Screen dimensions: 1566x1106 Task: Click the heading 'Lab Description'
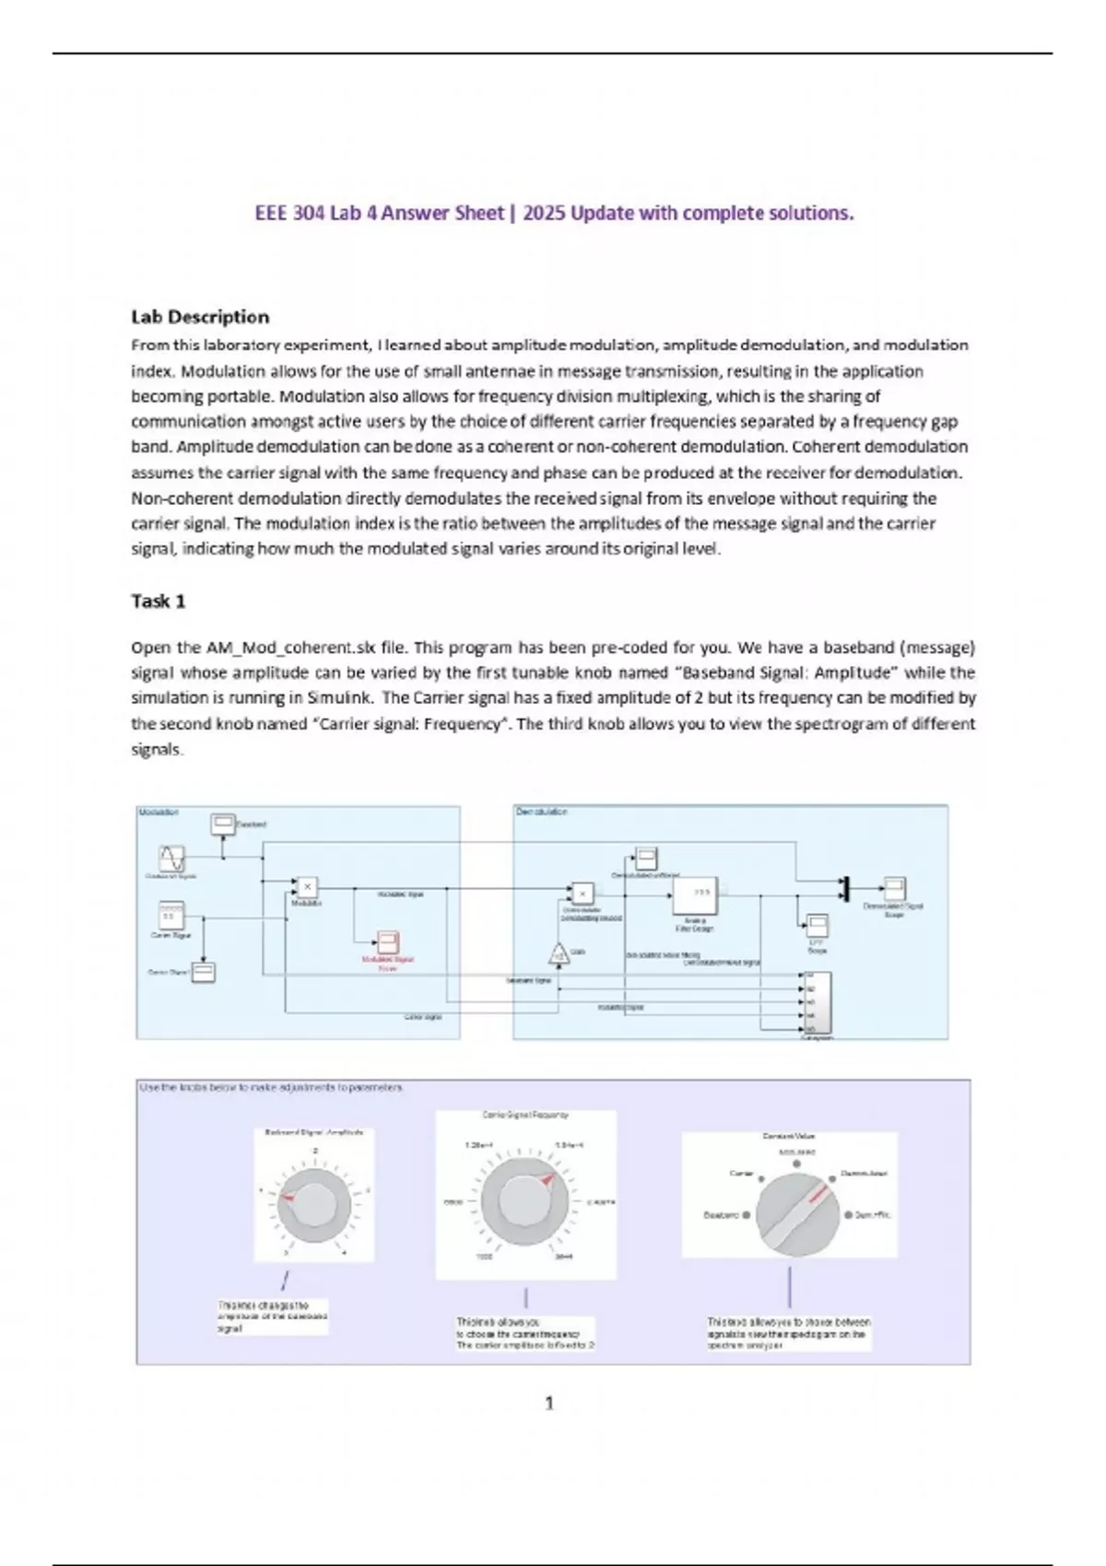200,317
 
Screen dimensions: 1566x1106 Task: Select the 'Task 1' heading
159,602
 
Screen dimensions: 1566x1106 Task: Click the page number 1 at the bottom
549,1403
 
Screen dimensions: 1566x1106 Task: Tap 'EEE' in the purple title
271,214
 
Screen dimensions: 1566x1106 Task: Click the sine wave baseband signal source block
171,859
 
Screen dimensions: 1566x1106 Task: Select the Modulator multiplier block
307,888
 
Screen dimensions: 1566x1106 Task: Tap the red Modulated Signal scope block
387,942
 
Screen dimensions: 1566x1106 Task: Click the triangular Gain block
559,954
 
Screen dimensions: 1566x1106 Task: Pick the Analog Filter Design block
695,894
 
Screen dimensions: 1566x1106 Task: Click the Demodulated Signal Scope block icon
894,888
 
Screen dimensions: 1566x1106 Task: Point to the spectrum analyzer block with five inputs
817,1002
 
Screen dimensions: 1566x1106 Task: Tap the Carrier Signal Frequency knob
525,1201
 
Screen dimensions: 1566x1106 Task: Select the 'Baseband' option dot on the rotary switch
746,1215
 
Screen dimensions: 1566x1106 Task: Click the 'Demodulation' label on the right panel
542,812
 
